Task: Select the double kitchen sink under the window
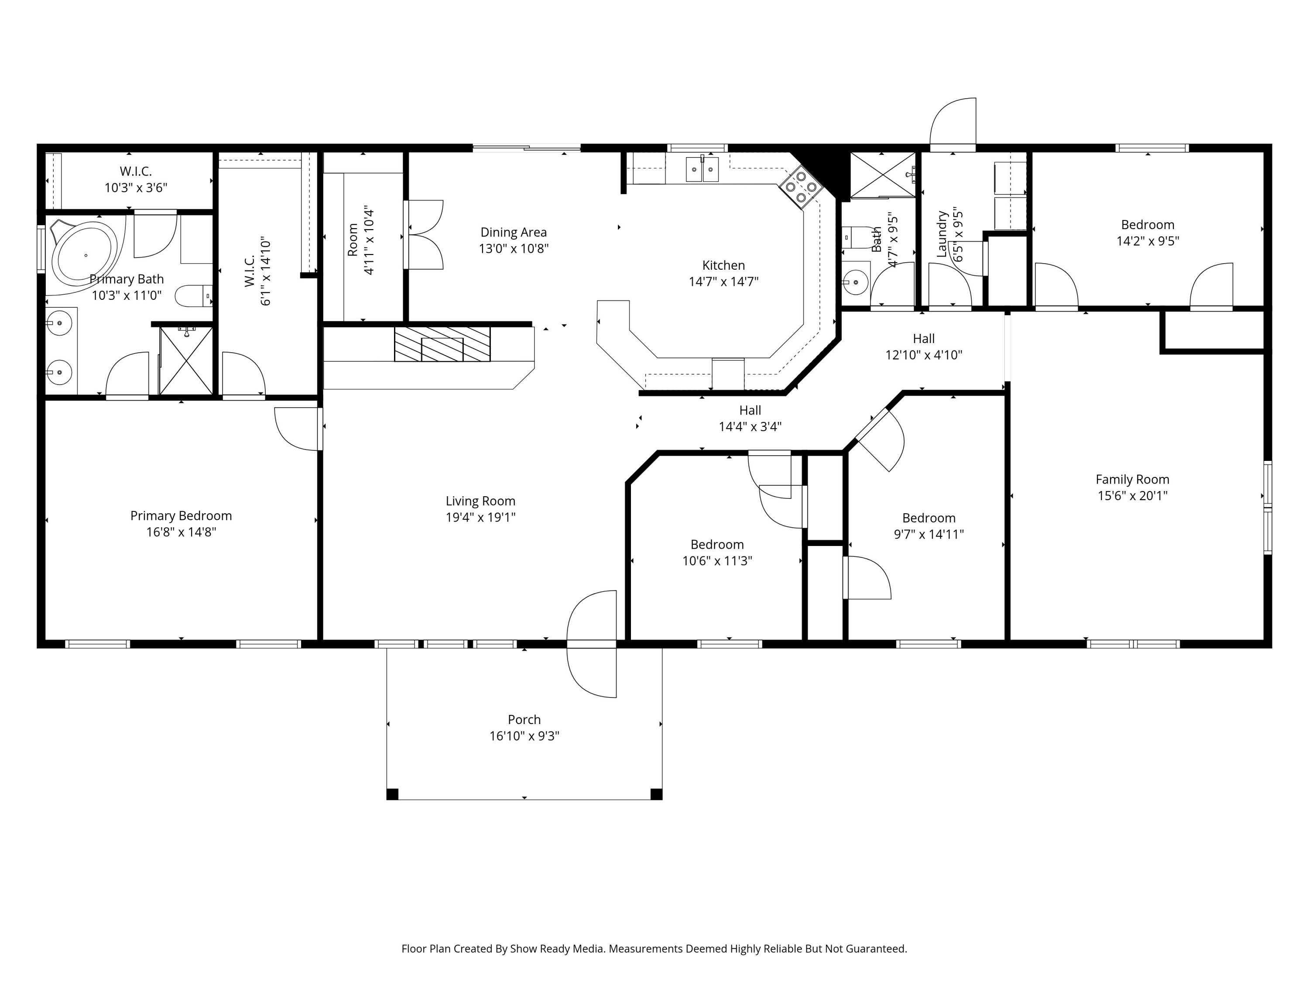point(702,169)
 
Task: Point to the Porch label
point(524,720)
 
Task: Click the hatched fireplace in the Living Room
point(442,343)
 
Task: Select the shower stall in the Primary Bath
point(186,361)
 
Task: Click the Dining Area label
point(513,233)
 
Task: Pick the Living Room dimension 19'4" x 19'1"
point(480,517)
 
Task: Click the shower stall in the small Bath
point(882,175)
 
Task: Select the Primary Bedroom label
point(181,515)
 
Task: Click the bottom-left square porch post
point(392,794)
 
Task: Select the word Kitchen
point(723,265)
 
